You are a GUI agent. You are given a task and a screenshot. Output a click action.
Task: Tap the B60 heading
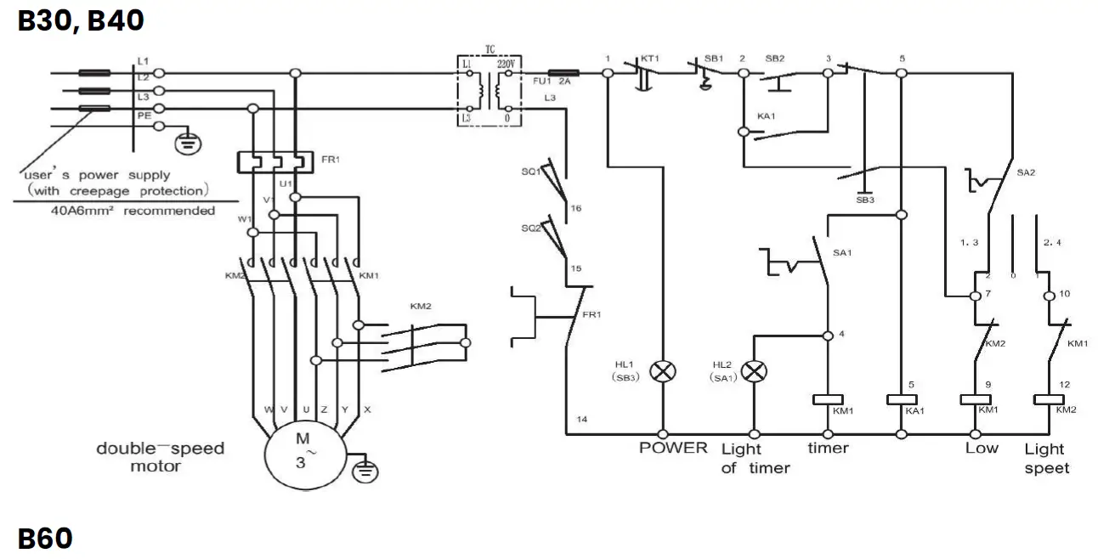pyautogui.click(x=45, y=539)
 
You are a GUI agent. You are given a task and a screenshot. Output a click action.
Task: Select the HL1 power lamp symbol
pyautogui.click(x=661, y=371)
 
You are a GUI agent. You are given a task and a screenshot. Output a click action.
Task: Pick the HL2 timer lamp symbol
pyautogui.click(x=753, y=371)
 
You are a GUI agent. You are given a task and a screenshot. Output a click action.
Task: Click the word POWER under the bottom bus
pyautogui.click(x=673, y=448)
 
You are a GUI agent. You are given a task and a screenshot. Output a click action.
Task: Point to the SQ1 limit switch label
pyautogui.click(x=531, y=172)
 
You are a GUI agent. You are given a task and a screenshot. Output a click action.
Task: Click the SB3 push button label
pyautogui.click(x=865, y=200)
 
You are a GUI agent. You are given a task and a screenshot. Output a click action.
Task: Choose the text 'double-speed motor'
pyautogui.click(x=160, y=456)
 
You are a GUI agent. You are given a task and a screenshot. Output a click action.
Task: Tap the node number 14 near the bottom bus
pyautogui.click(x=581, y=419)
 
